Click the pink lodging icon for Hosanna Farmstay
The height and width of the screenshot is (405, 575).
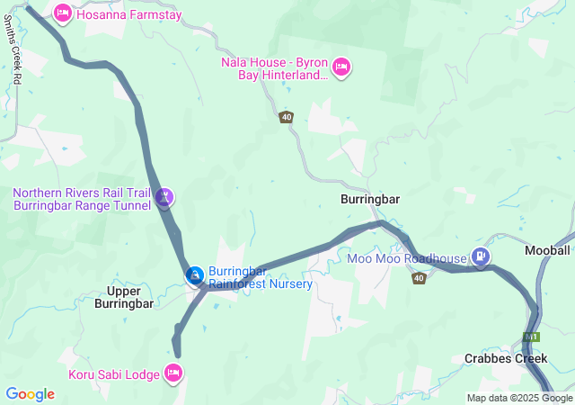pos(63,13)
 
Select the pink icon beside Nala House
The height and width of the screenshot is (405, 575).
pos(341,67)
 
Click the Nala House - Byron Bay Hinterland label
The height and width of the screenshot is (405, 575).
pos(274,68)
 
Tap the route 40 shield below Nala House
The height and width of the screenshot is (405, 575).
pos(287,117)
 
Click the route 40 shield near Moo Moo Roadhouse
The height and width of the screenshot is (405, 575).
pos(419,278)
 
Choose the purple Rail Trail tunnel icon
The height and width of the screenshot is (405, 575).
pos(164,196)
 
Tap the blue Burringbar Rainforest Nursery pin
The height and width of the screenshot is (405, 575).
pos(194,274)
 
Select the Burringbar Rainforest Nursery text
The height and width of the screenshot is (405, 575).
pos(261,277)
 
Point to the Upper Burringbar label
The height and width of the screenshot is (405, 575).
pos(130,297)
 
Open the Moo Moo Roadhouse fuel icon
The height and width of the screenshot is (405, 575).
pos(482,258)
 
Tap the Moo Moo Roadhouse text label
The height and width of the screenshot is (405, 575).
pos(407,259)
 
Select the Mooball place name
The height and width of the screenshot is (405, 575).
pos(547,249)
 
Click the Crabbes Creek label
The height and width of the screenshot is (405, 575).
pos(506,358)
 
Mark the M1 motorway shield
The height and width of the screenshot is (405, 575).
pos(530,337)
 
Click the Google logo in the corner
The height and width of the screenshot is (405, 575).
pos(31,394)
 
